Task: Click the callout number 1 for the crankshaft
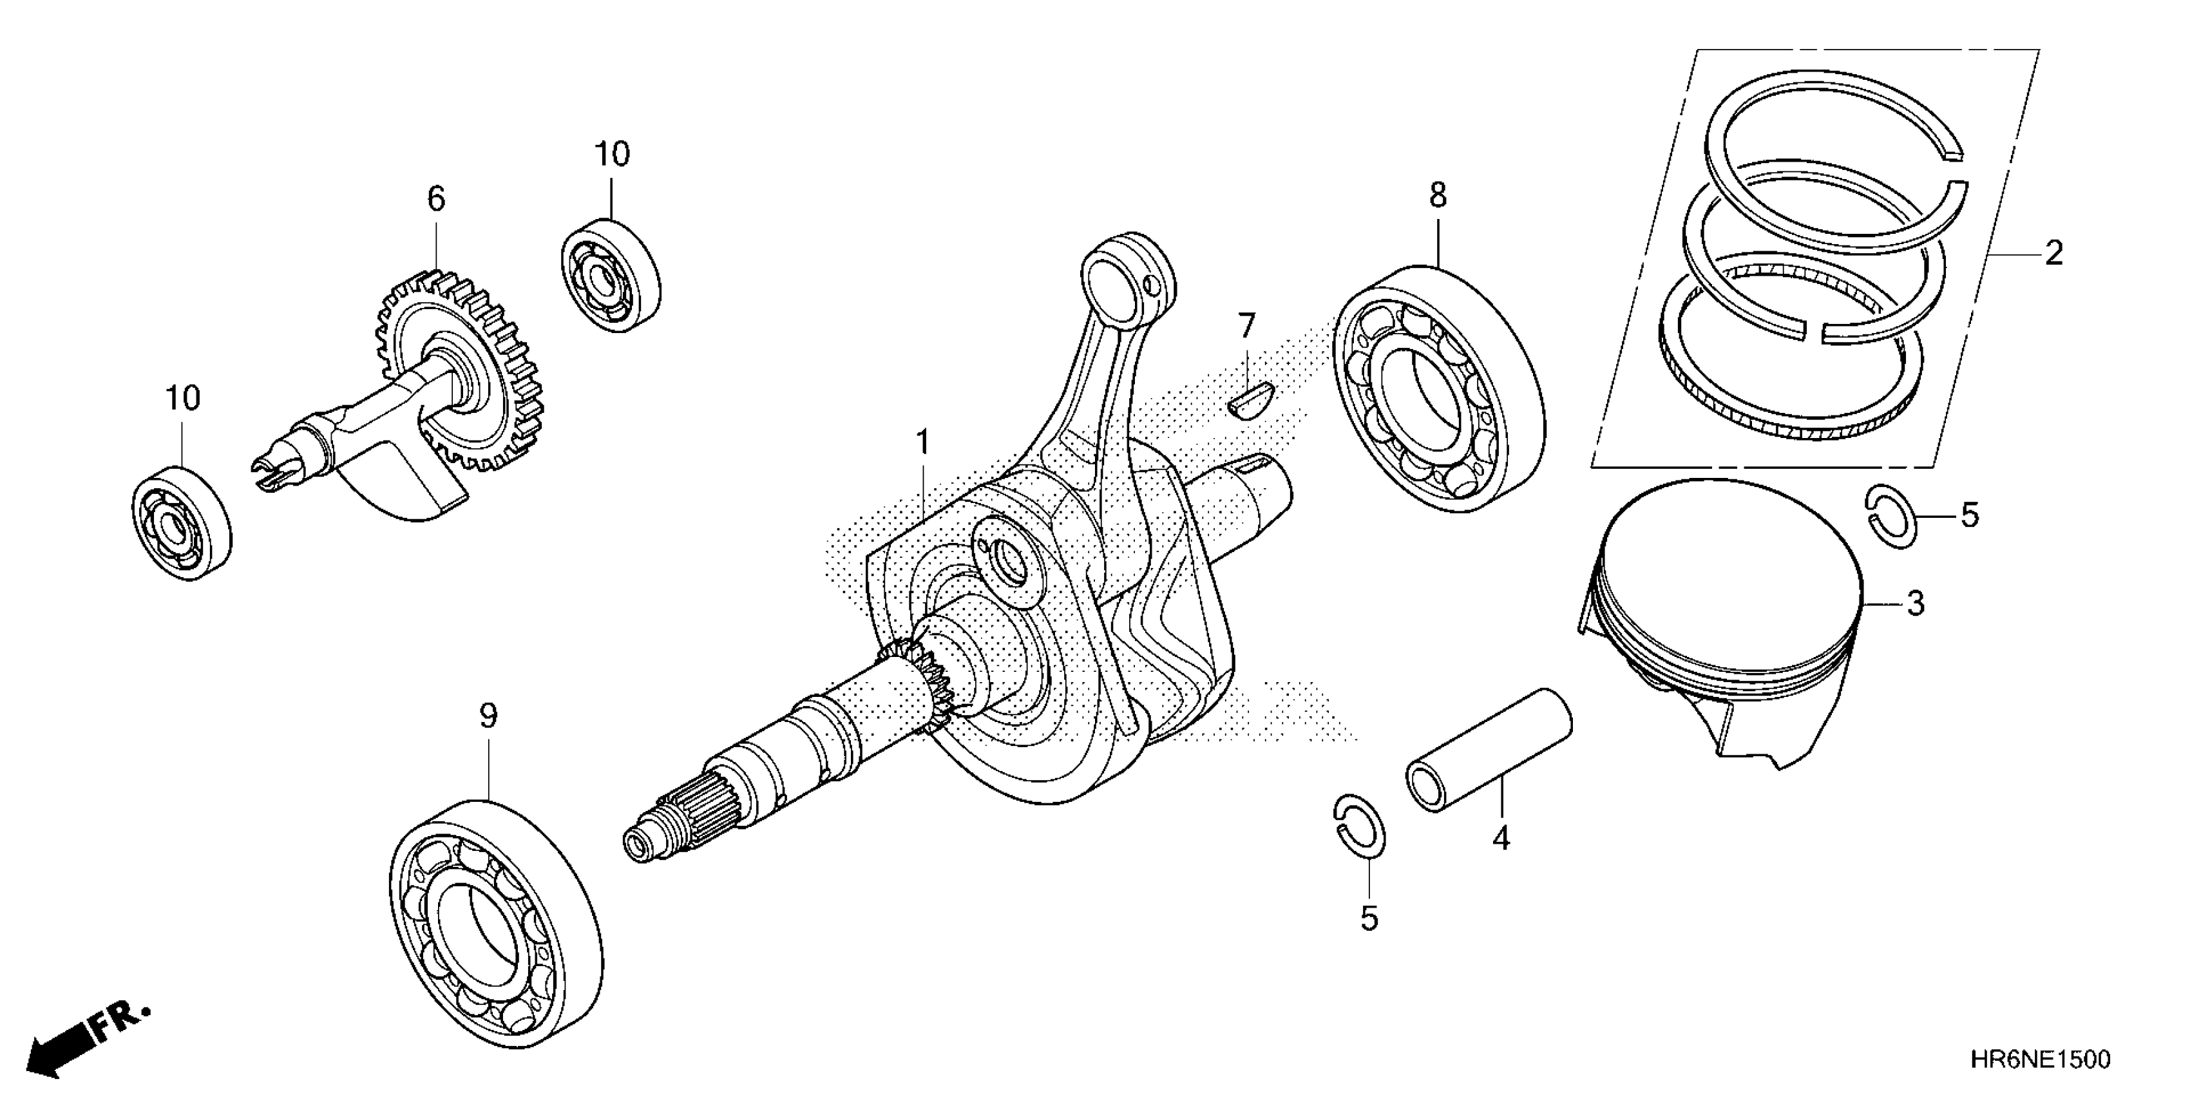coord(922,444)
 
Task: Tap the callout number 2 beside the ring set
coord(2053,253)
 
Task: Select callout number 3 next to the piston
coord(1914,604)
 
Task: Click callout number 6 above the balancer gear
coord(435,200)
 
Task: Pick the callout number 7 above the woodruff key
coord(1246,326)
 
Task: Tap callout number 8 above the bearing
coord(1437,196)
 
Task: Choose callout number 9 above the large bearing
coord(488,717)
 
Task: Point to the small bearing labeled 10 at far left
coord(182,524)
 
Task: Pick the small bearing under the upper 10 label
coord(611,276)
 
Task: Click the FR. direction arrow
coord(85,1042)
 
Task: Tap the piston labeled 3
coord(1717,621)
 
